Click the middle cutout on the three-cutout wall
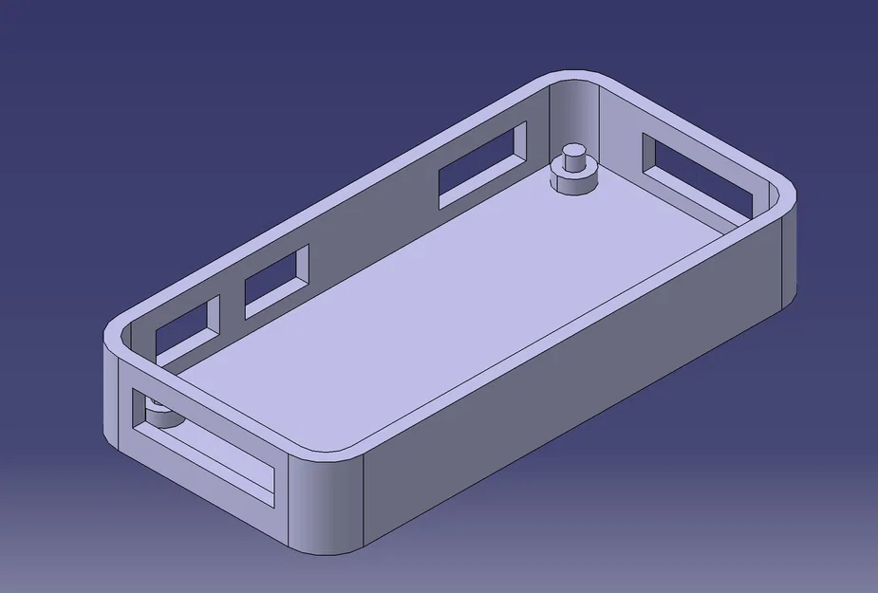click(276, 281)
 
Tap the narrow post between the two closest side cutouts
click(232, 308)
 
